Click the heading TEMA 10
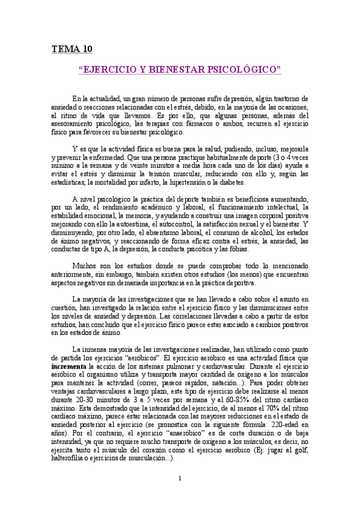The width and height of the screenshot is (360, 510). click(71, 49)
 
